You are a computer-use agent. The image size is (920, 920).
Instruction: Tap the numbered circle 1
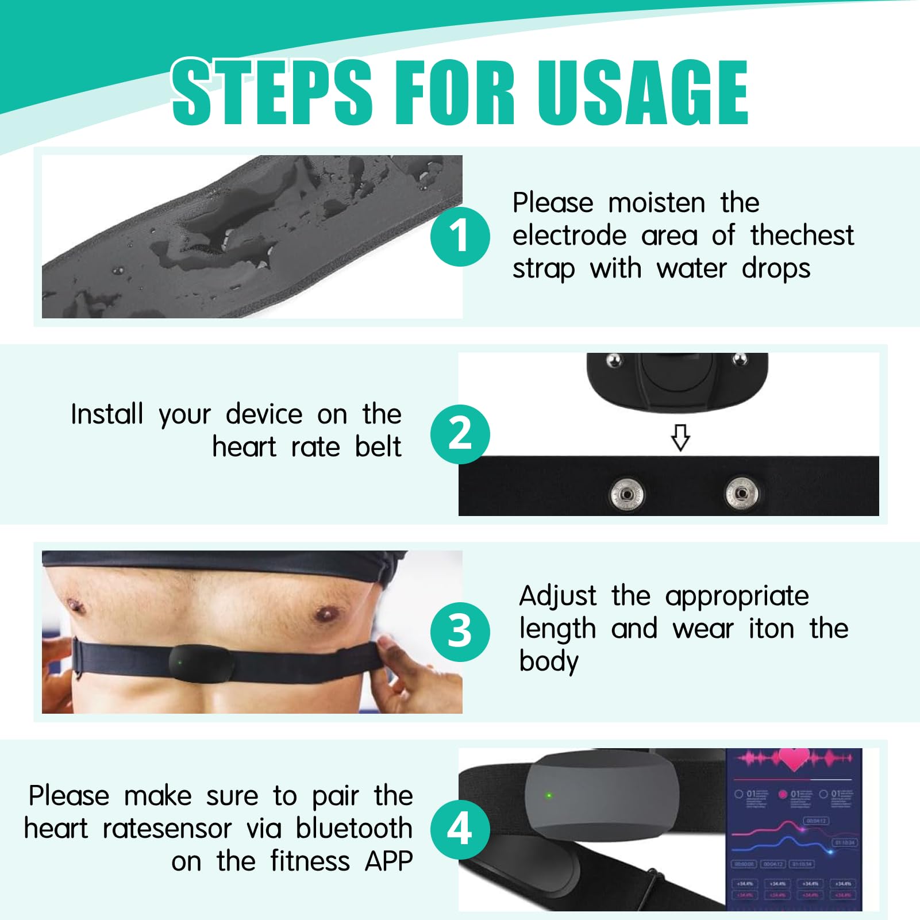pyautogui.click(x=460, y=236)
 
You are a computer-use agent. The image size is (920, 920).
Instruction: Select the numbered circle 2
pyautogui.click(x=460, y=434)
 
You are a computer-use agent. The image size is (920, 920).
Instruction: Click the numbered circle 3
pyautogui.click(x=460, y=631)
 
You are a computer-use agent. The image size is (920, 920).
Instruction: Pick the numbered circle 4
pyautogui.click(x=460, y=829)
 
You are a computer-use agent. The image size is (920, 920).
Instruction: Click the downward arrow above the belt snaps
pyautogui.click(x=680, y=437)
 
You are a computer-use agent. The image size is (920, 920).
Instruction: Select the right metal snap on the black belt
pyautogui.click(x=741, y=493)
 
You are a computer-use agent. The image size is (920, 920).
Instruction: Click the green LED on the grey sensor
pyautogui.click(x=549, y=795)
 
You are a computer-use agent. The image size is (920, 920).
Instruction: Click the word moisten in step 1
pyautogui.click(x=656, y=203)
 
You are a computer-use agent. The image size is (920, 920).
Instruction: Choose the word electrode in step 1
pyautogui.click(x=569, y=236)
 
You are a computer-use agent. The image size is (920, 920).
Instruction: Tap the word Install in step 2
pyautogui.click(x=107, y=414)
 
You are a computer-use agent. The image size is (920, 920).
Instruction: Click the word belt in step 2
pyautogui.click(x=378, y=447)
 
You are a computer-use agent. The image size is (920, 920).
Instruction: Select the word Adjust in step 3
pyautogui.click(x=557, y=596)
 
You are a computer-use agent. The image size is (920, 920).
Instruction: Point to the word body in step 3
pyautogui.click(x=548, y=662)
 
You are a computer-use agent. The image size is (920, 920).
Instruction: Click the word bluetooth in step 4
pyautogui.click(x=354, y=829)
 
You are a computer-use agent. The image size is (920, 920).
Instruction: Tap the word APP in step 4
pyautogui.click(x=389, y=861)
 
